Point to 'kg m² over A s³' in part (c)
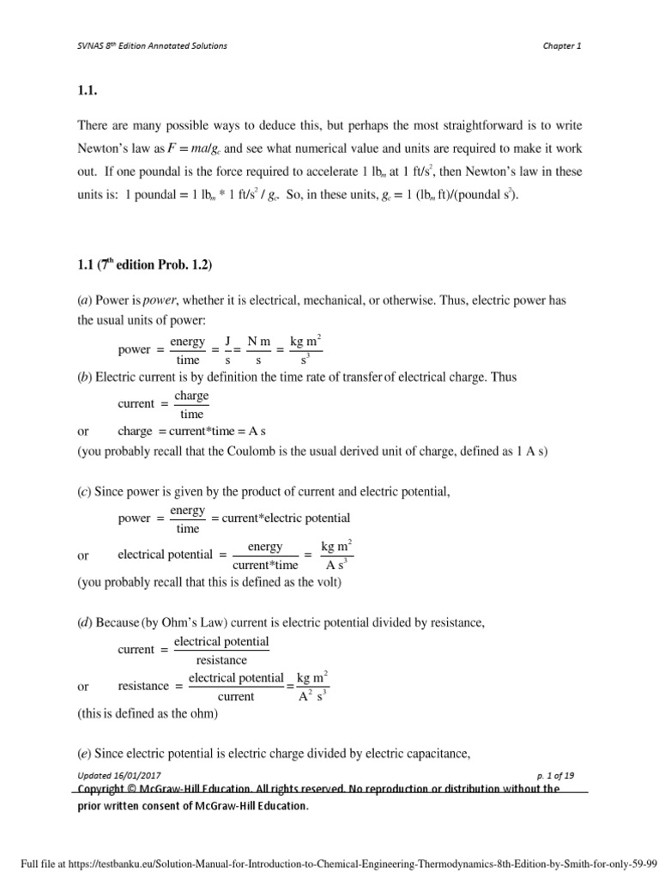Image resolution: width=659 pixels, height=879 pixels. (x=336, y=555)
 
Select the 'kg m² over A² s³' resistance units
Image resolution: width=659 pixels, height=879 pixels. (x=311, y=687)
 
